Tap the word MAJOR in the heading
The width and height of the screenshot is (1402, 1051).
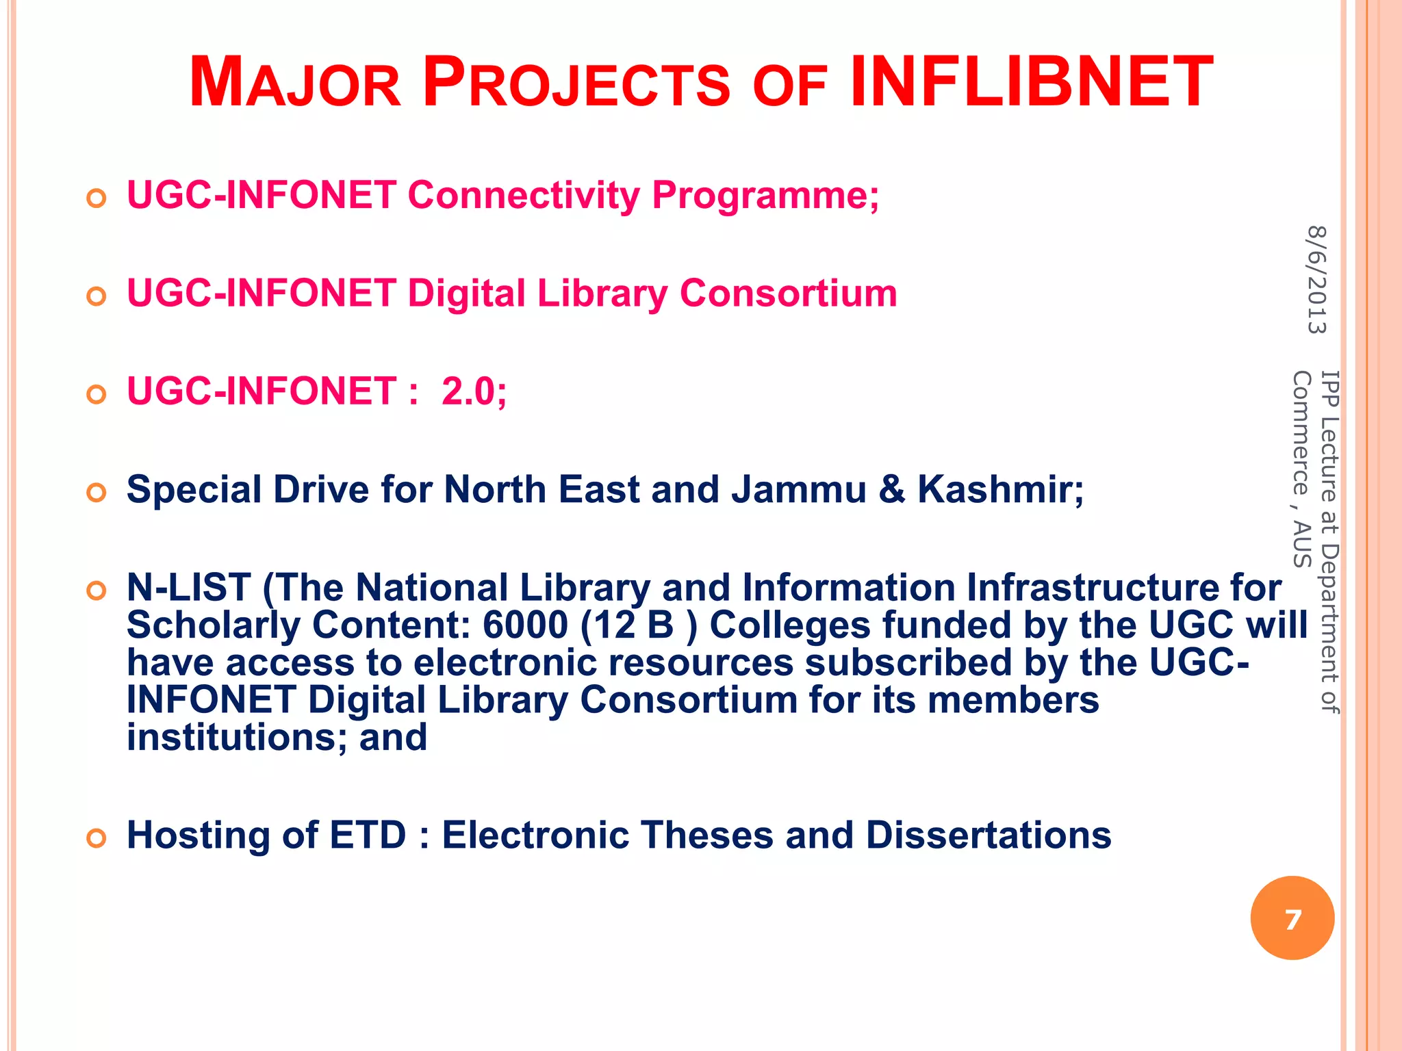click(294, 83)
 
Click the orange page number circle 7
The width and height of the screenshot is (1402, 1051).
click(1292, 918)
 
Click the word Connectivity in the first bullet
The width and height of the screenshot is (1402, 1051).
click(524, 196)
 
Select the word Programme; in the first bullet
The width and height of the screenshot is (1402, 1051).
click(765, 197)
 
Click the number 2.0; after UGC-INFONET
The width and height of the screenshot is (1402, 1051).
click(474, 391)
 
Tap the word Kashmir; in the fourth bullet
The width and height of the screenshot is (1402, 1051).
click(1000, 490)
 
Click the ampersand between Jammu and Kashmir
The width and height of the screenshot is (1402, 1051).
click(891, 490)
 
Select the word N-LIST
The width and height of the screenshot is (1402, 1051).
click(188, 588)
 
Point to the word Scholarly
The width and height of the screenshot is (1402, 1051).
click(213, 627)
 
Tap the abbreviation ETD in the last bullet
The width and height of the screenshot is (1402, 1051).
click(368, 835)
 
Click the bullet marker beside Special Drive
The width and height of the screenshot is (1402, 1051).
click(97, 493)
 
